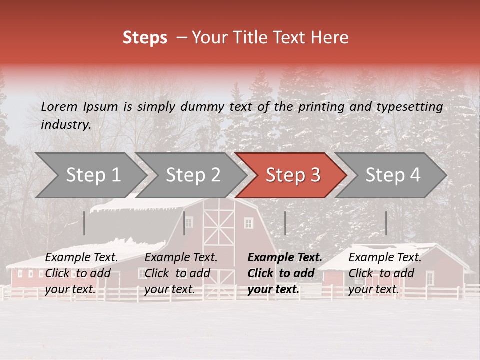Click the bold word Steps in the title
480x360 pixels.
tap(145, 38)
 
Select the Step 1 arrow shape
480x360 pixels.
tap(90, 175)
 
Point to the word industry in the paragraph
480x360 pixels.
tap(65, 125)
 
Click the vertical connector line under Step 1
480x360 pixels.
tap(84, 223)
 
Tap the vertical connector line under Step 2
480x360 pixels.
tap(184, 223)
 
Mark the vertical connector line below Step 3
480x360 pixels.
tap(285, 223)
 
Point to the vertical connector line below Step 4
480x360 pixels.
tap(386, 223)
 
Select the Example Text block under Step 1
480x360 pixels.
tap(81, 273)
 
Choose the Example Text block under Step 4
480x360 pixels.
tap(385, 273)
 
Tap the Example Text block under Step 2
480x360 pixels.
tap(181, 273)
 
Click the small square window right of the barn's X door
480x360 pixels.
tap(248, 223)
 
